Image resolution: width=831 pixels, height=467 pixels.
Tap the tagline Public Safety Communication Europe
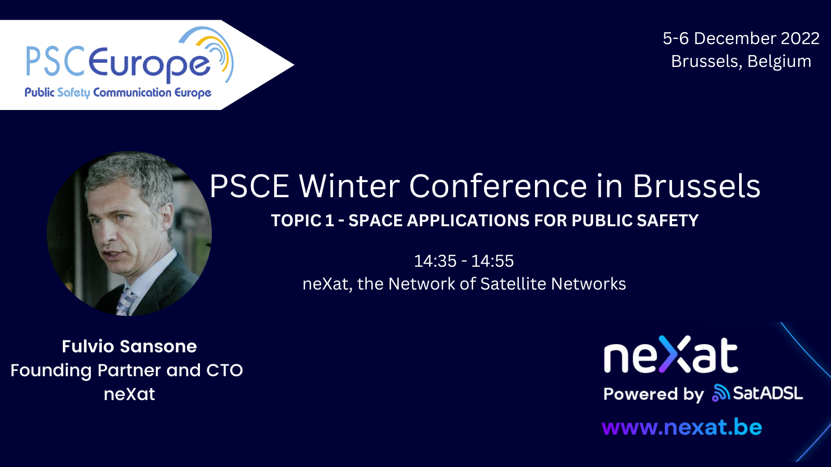coord(118,93)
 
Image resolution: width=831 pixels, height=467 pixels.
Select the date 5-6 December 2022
coord(741,38)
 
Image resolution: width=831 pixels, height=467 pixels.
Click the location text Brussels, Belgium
coord(741,61)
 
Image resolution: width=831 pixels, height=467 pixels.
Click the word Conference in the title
coord(498,186)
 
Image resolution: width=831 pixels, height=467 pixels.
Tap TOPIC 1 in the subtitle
coord(302,221)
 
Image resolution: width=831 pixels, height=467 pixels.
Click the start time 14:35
coord(435,261)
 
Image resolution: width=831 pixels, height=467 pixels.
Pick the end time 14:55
coord(492,261)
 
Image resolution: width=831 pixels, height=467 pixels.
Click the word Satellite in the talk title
coord(513,284)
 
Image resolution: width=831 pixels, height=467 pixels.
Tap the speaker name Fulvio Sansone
coord(129,346)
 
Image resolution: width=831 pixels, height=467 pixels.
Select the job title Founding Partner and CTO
coord(127,370)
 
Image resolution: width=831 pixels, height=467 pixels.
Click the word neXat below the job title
coord(129,394)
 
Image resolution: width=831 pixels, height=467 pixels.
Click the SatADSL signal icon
coord(721,393)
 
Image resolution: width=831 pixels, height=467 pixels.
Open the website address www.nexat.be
coord(681,428)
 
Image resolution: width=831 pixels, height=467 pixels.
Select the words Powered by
coord(653,394)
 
